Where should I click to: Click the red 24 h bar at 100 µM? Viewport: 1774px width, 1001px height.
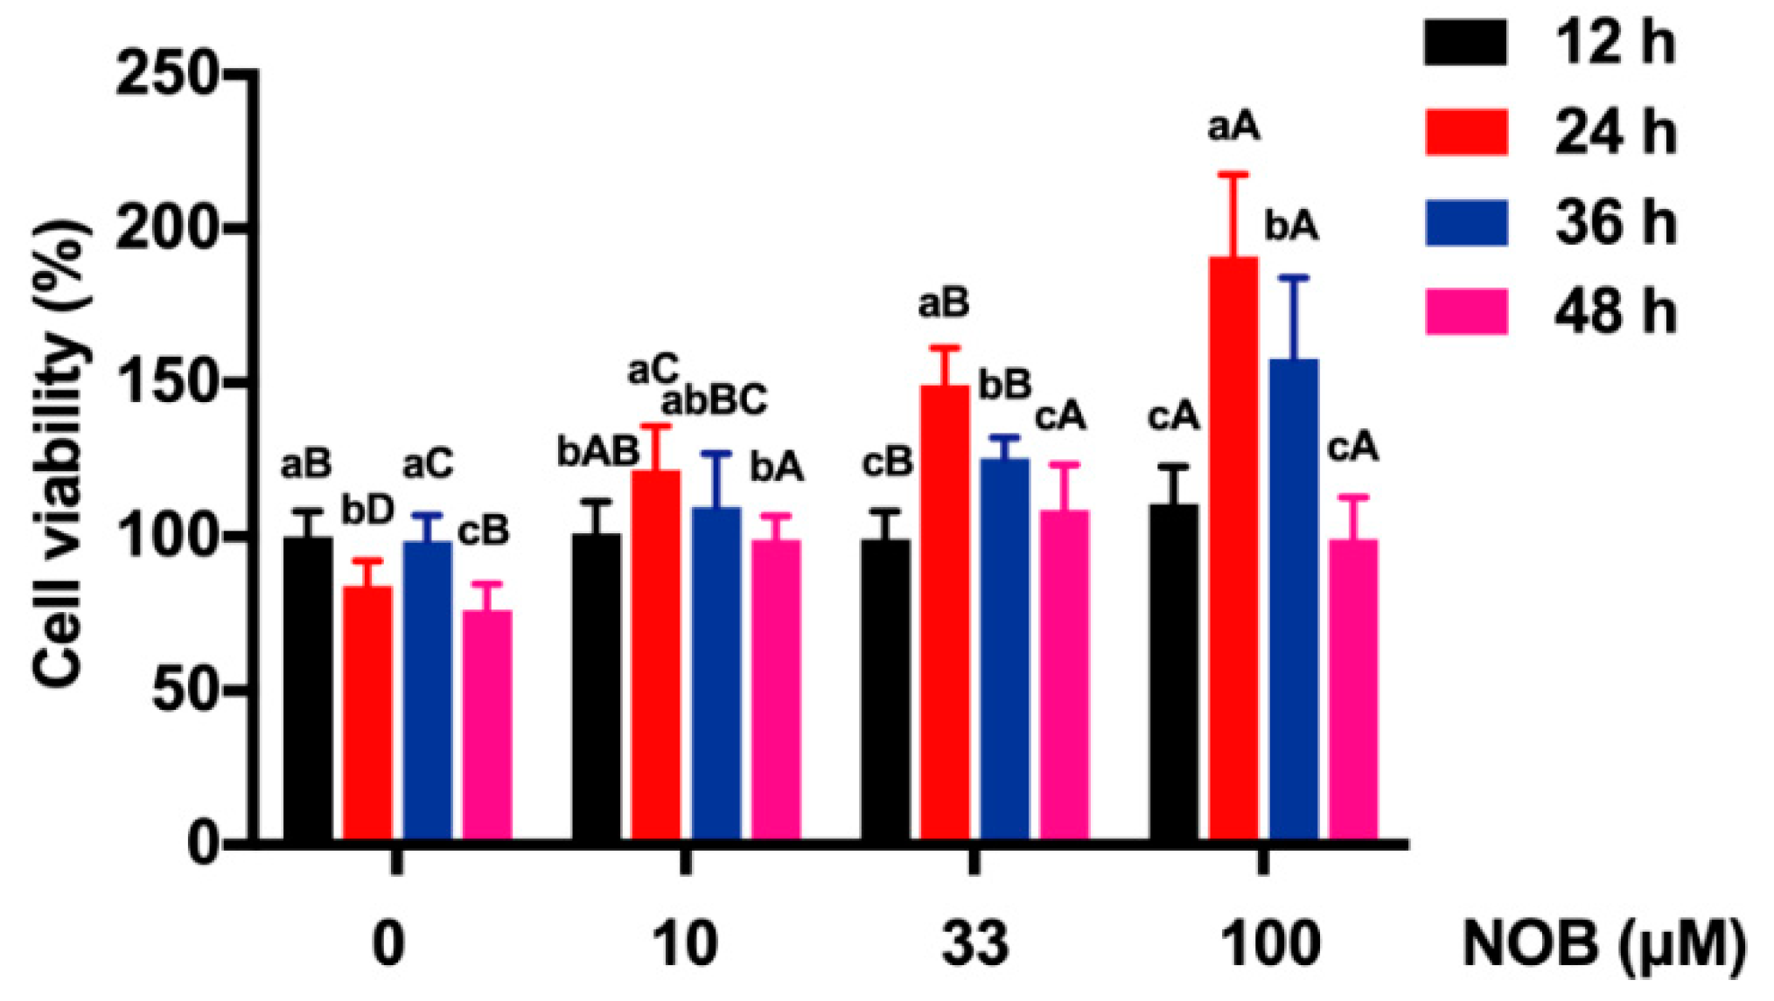[1233, 551]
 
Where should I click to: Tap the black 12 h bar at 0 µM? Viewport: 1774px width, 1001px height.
[308, 691]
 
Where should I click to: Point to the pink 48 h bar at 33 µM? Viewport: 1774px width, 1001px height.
[1064, 678]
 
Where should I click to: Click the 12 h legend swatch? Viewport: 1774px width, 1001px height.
[1466, 42]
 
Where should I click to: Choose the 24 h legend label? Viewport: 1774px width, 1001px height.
[1615, 133]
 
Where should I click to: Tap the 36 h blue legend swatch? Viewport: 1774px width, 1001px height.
[1466, 222]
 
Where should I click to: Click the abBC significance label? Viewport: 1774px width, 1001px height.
[714, 400]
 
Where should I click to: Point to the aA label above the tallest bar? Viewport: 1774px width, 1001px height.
[1233, 128]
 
